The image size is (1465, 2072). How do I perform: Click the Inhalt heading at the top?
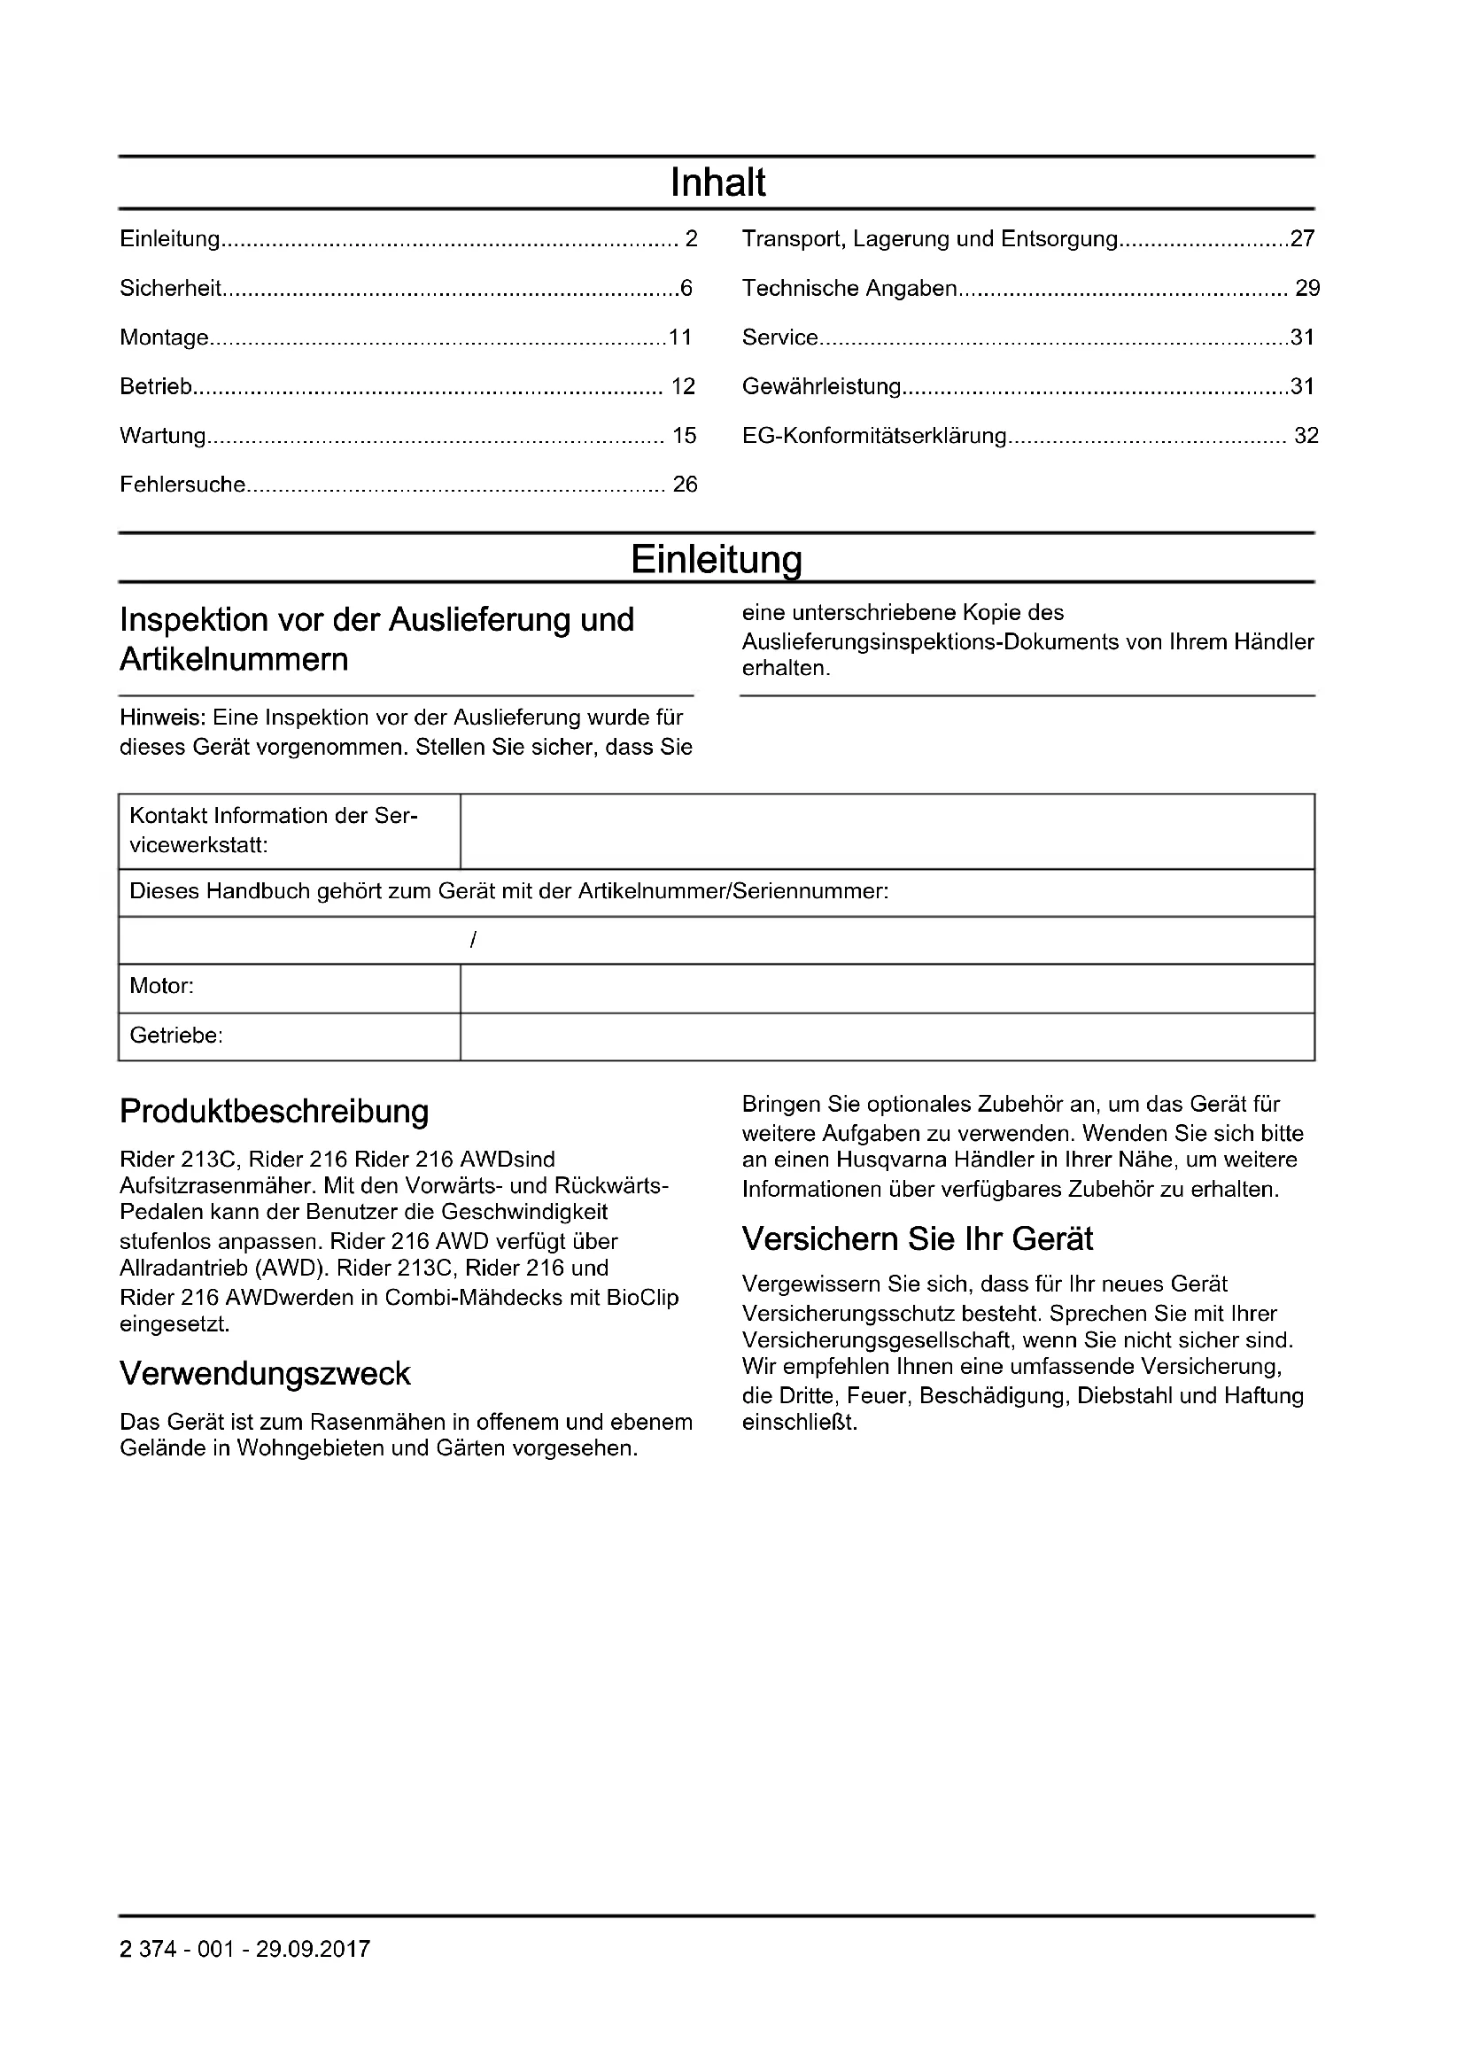(x=718, y=183)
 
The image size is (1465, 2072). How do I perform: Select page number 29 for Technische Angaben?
(x=1307, y=289)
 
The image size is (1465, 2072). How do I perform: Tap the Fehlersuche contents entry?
(x=183, y=485)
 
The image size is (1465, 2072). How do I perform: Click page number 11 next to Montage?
(x=679, y=338)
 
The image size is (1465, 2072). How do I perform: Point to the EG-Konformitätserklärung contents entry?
(x=873, y=436)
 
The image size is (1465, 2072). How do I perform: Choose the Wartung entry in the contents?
(x=163, y=436)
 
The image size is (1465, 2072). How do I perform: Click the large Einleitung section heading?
(x=717, y=560)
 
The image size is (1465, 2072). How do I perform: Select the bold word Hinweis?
(x=163, y=718)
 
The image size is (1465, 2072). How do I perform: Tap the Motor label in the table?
(x=162, y=986)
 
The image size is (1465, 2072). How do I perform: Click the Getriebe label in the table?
(x=176, y=1036)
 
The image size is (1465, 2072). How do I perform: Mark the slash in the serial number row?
(x=474, y=941)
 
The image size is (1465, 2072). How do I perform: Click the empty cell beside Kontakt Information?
(x=887, y=831)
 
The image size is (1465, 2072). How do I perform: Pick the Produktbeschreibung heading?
(x=275, y=1112)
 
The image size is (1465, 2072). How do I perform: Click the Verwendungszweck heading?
(x=265, y=1375)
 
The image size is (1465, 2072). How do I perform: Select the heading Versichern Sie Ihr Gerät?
(x=918, y=1239)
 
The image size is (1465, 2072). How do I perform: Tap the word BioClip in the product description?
(x=644, y=1298)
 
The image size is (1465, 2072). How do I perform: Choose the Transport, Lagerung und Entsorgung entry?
(x=930, y=239)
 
